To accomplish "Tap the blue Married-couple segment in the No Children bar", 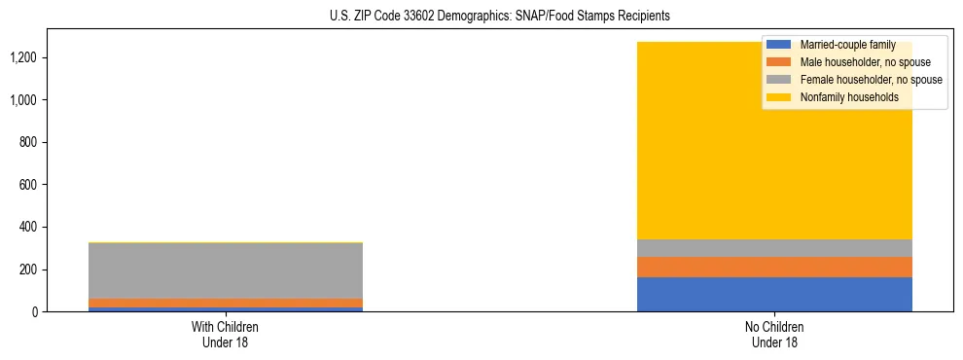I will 774,294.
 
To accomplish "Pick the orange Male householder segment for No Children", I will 774,267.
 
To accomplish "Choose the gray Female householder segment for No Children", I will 774,248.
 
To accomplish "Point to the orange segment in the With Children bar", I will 225,303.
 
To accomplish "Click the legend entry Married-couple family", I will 846,45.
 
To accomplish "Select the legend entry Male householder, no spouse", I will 857,62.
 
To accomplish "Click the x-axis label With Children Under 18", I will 225,334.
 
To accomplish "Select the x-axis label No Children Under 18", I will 774,334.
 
